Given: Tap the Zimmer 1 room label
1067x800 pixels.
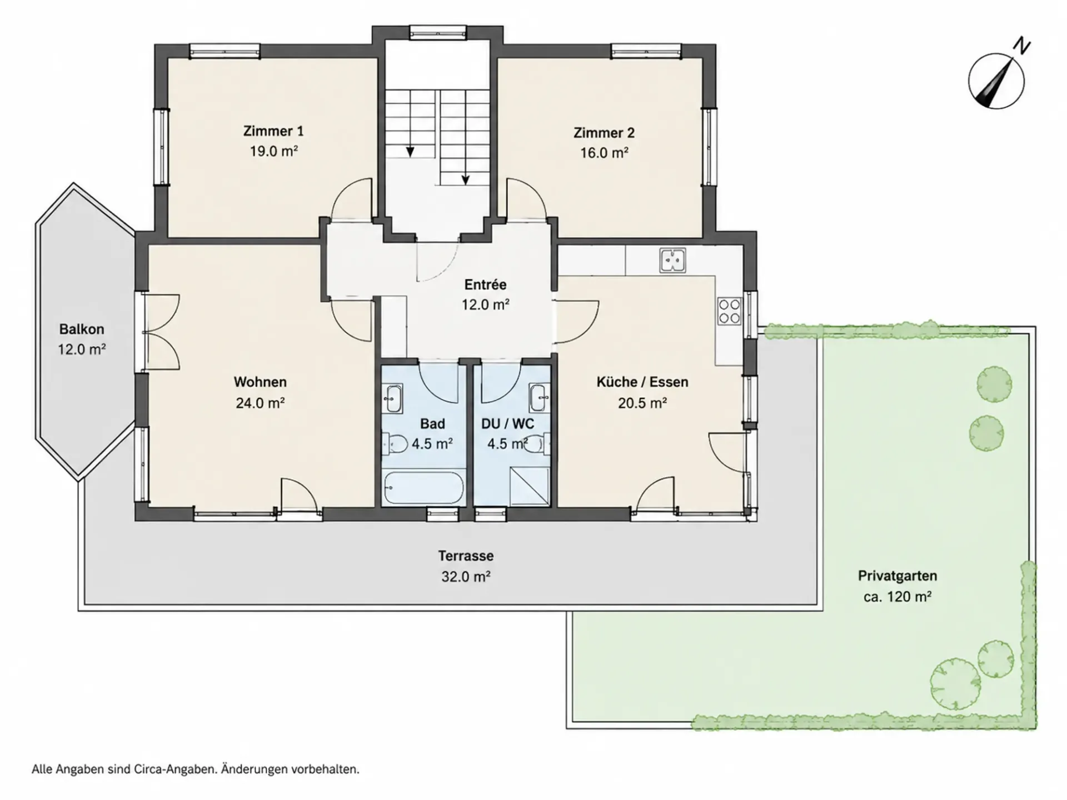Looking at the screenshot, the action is pyautogui.click(x=273, y=131).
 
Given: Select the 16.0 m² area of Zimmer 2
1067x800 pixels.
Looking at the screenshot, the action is pyautogui.click(x=604, y=152).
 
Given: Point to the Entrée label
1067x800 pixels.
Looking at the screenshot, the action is pyautogui.click(x=485, y=284).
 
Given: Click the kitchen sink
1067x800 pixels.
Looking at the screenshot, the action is pyautogui.click(x=672, y=261).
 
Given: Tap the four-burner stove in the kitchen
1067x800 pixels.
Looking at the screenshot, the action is pyautogui.click(x=729, y=311).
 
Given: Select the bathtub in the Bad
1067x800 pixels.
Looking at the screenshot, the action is pyautogui.click(x=423, y=488).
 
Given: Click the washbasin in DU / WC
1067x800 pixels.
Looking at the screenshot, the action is pyautogui.click(x=538, y=398).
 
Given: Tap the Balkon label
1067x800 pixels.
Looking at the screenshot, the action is pyautogui.click(x=82, y=329).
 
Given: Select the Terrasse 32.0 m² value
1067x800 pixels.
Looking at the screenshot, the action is pyautogui.click(x=466, y=577).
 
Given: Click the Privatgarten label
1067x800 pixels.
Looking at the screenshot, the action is pyautogui.click(x=898, y=576).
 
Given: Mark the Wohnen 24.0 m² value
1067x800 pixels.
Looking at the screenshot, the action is pyautogui.click(x=260, y=403).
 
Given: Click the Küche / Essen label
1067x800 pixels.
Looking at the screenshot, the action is pyautogui.click(x=642, y=382).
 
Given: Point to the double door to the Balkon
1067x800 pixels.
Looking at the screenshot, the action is pyautogui.click(x=161, y=332).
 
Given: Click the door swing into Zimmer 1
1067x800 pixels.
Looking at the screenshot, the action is pyautogui.click(x=351, y=198).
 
